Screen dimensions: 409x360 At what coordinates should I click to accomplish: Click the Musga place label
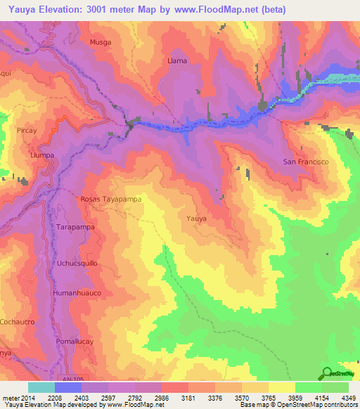pos(101,42)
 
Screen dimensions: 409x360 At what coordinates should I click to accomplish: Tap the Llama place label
pos(177,61)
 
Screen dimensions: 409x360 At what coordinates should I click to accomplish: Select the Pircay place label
pos(27,131)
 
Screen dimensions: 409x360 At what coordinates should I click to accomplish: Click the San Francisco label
pos(306,162)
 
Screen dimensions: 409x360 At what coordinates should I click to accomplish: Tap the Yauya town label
pos(196,219)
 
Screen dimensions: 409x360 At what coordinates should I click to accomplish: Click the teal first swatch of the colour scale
pos(41,387)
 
